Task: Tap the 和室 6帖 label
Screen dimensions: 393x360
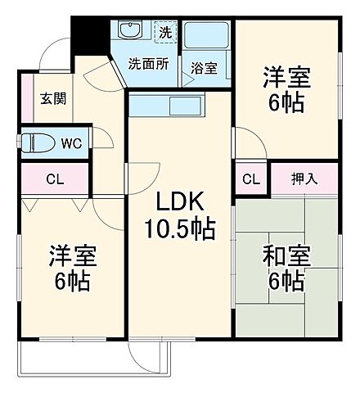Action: point(285,269)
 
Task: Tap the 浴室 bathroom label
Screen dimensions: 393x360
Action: point(205,68)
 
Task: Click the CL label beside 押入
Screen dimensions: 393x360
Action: point(251,179)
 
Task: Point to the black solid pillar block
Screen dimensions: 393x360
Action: point(86,36)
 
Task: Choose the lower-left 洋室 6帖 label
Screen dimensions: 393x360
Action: point(70,269)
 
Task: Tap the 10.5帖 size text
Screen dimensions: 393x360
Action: point(181,230)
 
